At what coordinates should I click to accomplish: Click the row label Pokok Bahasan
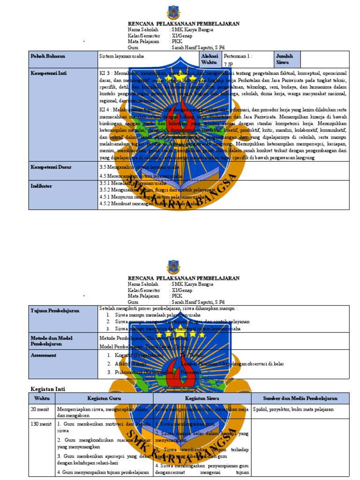pos(48,56)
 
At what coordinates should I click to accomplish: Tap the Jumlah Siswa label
pos(285,59)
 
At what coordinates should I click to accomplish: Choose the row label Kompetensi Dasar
pos(51,167)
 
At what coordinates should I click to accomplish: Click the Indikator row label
pos(42,186)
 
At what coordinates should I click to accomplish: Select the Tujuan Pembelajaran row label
pos(55,311)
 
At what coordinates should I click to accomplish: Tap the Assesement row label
pos(44,355)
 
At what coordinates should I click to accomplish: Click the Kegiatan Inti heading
pos(48,389)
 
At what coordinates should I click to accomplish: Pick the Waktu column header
pos(42,398)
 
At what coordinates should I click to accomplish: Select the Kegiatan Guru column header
pos(104,398)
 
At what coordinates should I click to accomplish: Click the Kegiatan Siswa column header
pos(202,398)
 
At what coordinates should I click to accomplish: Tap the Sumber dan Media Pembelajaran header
pos(300,398)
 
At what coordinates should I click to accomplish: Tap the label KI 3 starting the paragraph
pos(105,74)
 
